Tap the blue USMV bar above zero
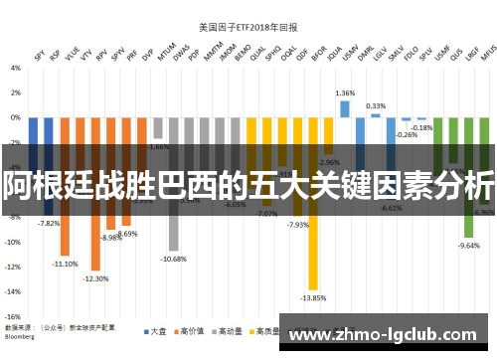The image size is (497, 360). point(345,108)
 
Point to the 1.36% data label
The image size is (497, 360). point(345,92)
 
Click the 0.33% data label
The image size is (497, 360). point(376,105)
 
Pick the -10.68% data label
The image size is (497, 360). point(174,259)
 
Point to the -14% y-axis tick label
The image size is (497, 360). point(15,291)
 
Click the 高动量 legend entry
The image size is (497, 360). point(235,330)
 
